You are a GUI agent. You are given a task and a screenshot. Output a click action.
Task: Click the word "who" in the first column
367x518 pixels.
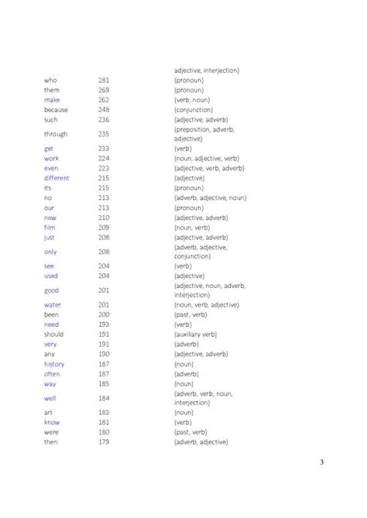[50, 81]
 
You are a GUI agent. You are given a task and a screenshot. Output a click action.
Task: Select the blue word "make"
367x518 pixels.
[52, 100]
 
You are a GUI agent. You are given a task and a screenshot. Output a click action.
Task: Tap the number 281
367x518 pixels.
[105, 81]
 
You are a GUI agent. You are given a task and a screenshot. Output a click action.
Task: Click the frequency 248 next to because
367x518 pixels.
[105, 110]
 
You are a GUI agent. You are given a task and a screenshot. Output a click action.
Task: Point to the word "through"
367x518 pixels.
[56, 134]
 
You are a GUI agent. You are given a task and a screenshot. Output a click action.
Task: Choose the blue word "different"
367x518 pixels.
[57, 178]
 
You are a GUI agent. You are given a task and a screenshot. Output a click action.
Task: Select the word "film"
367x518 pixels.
[50, 228]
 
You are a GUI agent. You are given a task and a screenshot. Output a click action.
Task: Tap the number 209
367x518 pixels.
[105, 228]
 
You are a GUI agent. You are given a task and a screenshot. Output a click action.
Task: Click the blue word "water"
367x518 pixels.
[53, 305]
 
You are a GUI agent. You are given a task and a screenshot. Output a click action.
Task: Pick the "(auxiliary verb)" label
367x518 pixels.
[195, 334]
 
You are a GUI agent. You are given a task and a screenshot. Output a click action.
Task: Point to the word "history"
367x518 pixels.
[54, 364]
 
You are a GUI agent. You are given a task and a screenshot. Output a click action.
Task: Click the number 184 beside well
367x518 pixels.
[105, 398]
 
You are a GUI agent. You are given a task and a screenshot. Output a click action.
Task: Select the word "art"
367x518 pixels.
[48, 413]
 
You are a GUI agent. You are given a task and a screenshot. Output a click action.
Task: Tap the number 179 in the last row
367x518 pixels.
[105, 442]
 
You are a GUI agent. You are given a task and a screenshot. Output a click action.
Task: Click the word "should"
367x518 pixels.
[54, 334]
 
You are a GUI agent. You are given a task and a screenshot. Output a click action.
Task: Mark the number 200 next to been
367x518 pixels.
[105, 315]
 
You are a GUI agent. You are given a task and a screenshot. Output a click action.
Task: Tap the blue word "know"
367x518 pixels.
[52, 423]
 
